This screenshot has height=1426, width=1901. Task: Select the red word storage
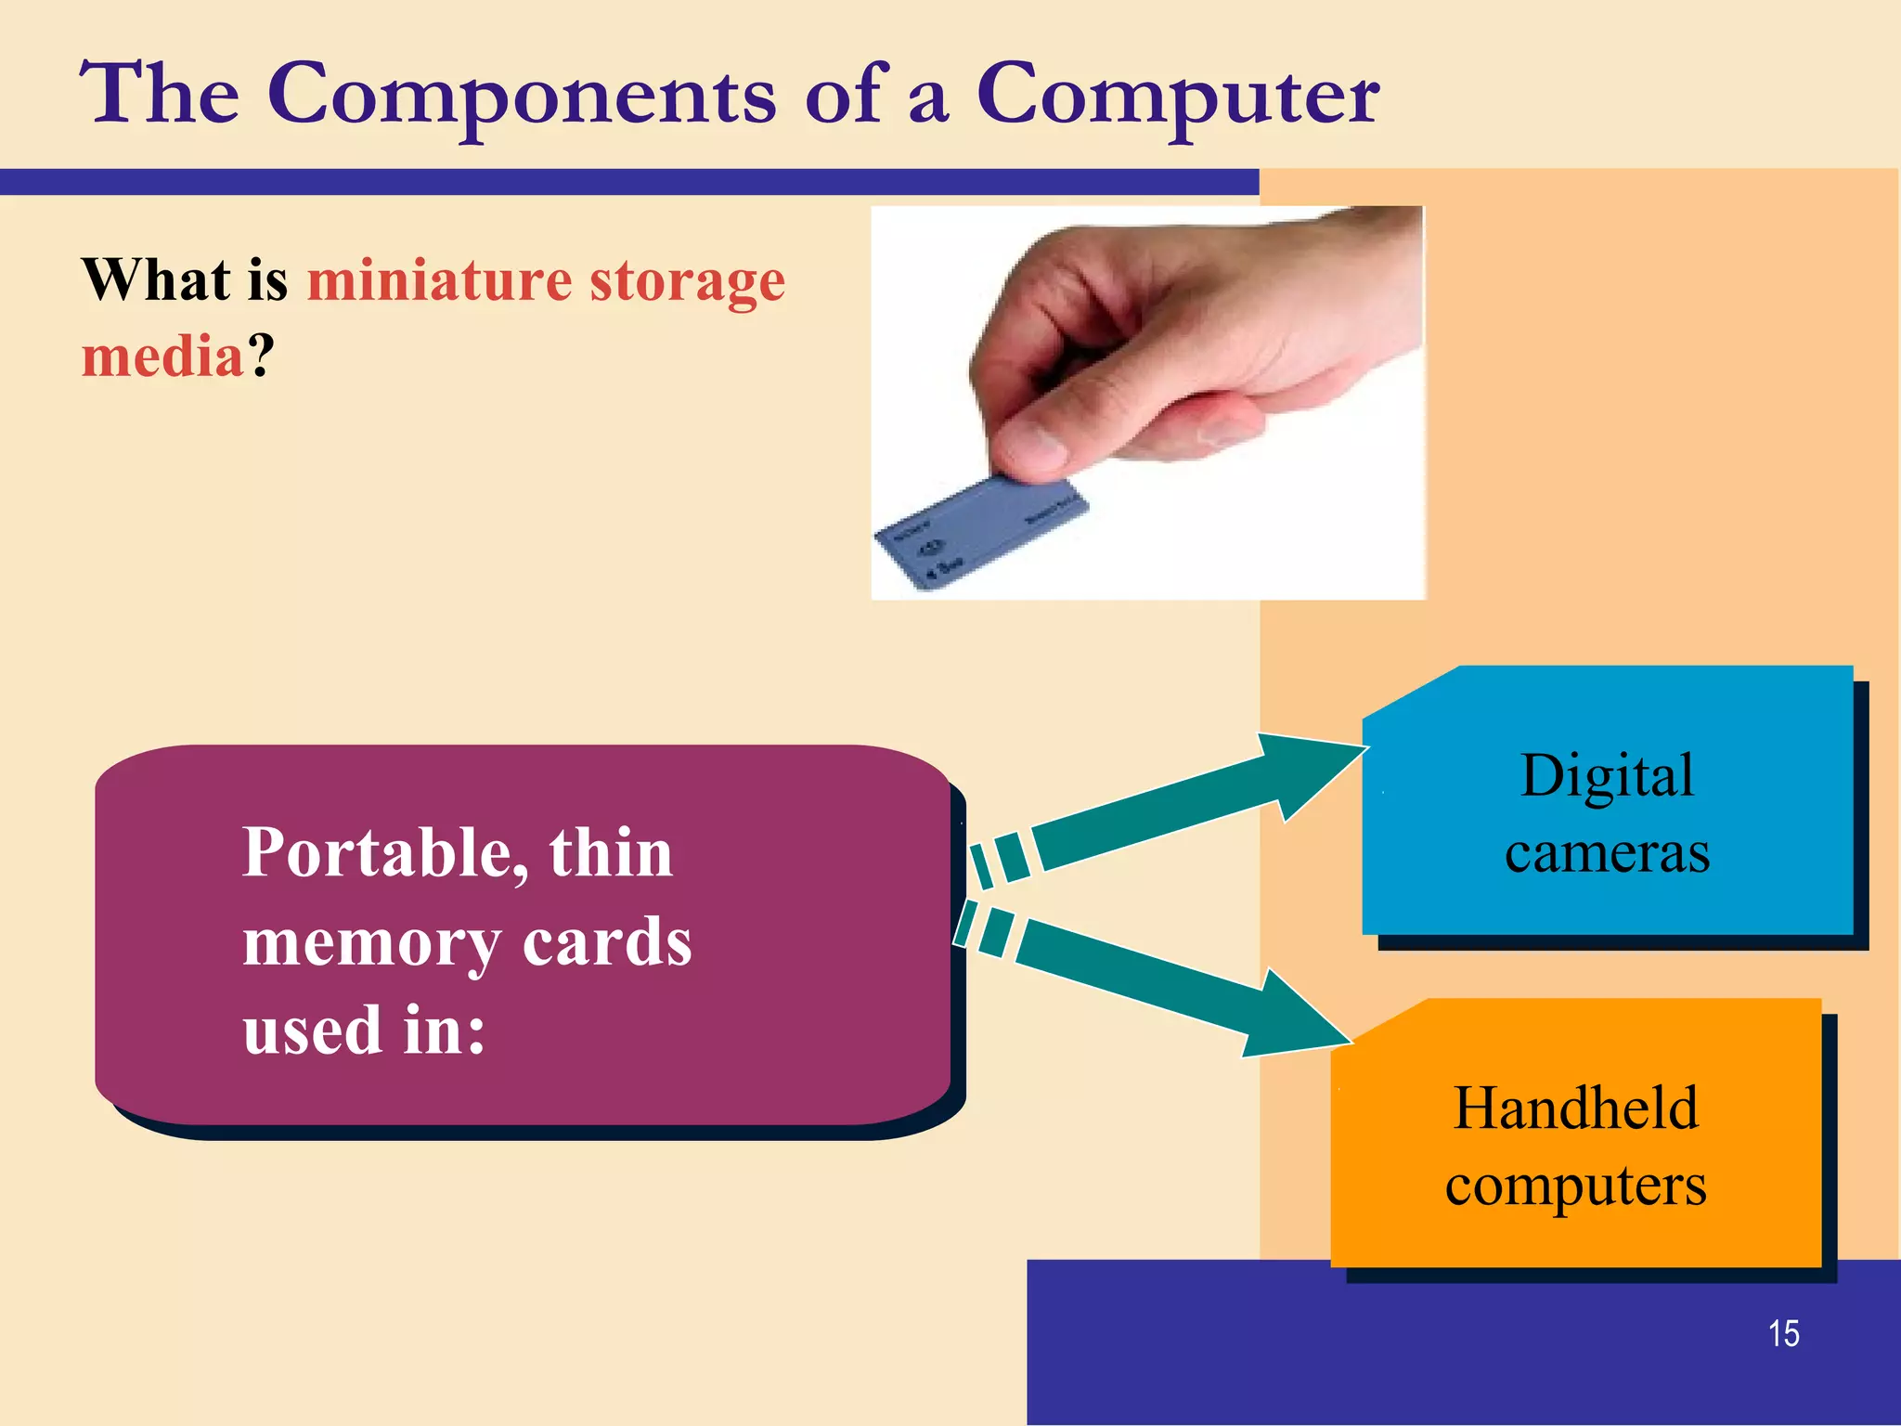point(688,281)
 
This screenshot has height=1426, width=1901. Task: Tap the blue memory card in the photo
point(975,534)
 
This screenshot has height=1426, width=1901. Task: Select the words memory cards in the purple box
point(467,943)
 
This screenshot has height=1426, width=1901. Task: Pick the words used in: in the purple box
point(364,1031)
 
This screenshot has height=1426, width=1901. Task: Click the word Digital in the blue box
point(1607,776)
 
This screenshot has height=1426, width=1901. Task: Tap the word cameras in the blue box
point(1607,852)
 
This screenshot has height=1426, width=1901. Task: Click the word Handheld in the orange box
point(1575,1108)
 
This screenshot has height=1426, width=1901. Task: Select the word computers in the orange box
point(1575,1186)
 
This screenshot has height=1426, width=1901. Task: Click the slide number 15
point(1783,1334)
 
